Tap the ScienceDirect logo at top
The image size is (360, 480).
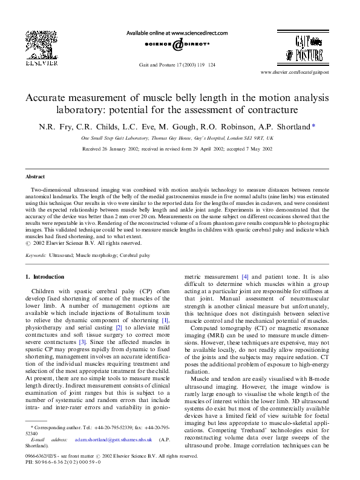click(x=177, y=44)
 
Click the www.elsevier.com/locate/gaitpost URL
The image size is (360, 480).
click(x=312, y=71)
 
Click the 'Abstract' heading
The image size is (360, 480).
click(x=36, y=177)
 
